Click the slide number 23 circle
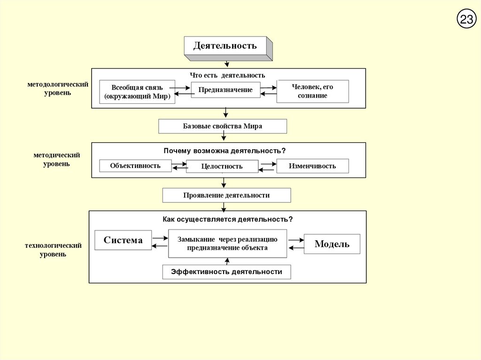(466, 19)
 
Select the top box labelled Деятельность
(225, 46)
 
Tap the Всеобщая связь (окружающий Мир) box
(137, 92)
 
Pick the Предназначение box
(225, 90)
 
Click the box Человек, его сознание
(312, 91)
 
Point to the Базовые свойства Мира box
(223, 126)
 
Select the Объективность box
(135, 166)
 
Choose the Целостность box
(222, 167)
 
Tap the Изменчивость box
(312, 166)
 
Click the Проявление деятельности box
(226, 195)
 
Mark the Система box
(123, 240)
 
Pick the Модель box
(332, 244)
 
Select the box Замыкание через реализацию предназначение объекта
(227, 244)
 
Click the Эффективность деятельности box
(226, 272)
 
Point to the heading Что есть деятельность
(227, 75)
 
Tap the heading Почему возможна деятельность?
(225, 151)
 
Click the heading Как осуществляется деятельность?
(228, 219)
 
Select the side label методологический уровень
(58, 88)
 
